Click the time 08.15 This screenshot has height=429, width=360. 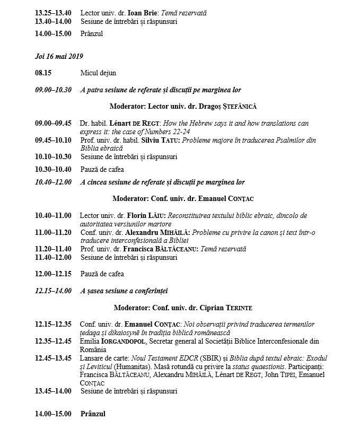click(43, 73)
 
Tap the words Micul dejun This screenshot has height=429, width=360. click(98, 73)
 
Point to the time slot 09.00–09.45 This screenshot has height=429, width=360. click(53, 123)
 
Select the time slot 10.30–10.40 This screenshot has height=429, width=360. click(53, 170)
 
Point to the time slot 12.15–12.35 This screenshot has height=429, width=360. click(53, 324)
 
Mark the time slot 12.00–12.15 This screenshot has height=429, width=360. click(53, 274)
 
